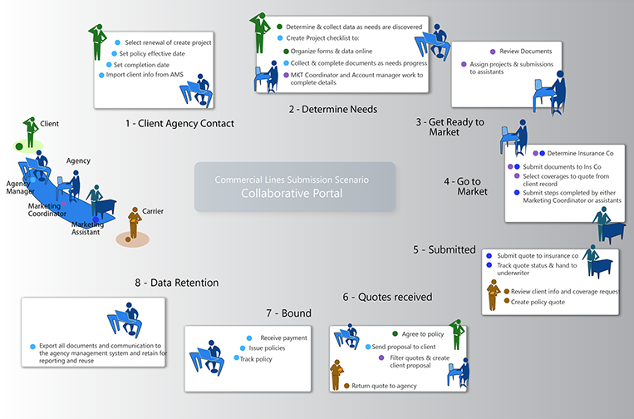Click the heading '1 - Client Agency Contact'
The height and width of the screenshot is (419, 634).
[179, 123]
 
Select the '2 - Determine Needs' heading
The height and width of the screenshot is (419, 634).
[332, 109]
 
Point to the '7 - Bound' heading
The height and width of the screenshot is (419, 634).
[288, 313]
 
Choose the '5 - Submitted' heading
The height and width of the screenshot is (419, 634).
[444, 249]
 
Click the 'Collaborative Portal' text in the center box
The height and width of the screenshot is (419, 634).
[291, 193]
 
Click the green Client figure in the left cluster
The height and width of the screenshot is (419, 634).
[30, 131]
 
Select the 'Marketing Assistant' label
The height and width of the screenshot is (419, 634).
[86, 229]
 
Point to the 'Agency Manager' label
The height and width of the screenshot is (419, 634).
[20, 186]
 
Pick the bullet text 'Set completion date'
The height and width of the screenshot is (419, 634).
[141, 64]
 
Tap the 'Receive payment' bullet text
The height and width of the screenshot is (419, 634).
[283, 338]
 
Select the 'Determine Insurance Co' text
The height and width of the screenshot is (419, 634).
[580, 153]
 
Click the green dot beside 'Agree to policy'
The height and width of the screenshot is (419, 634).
[394, 333]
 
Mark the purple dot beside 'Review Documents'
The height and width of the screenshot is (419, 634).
[493, 52]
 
